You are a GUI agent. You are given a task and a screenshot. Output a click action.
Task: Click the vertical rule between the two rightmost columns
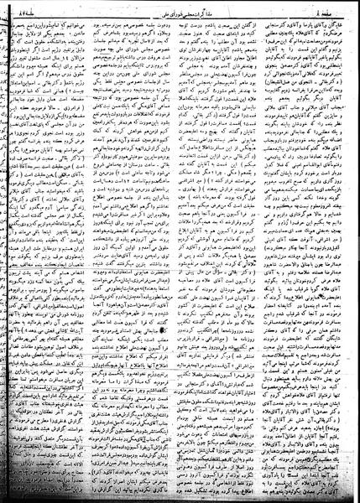(269, 251)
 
